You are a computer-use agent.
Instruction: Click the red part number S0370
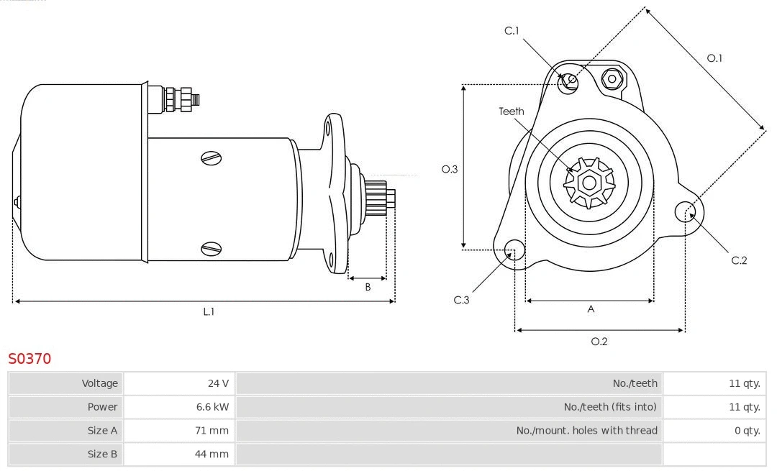point(29,358)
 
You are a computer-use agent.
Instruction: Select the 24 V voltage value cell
point(218,383)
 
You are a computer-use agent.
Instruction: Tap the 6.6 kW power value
point(213,407)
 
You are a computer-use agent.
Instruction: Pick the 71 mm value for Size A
point(214,431)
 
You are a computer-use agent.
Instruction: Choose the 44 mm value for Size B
point(214,454)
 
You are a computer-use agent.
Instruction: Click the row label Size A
point(102,431)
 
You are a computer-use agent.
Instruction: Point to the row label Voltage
point(99,383)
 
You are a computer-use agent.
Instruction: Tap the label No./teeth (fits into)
point(610,407)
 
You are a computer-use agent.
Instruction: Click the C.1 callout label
point(512,31)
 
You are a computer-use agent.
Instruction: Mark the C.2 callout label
point(739,260)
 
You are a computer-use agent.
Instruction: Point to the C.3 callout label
point(461,300)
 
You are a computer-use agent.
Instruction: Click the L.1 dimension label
point(209,312)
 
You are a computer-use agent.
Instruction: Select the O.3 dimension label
point(450,169)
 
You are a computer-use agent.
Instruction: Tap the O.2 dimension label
point(599,342)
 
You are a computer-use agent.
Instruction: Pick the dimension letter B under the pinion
point(368,287)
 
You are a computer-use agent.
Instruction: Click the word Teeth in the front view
point(512,111)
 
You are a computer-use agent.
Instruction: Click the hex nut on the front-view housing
point(613,78)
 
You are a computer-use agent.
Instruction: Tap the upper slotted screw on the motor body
point(212,157)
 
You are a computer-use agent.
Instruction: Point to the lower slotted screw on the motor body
point(212,249)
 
